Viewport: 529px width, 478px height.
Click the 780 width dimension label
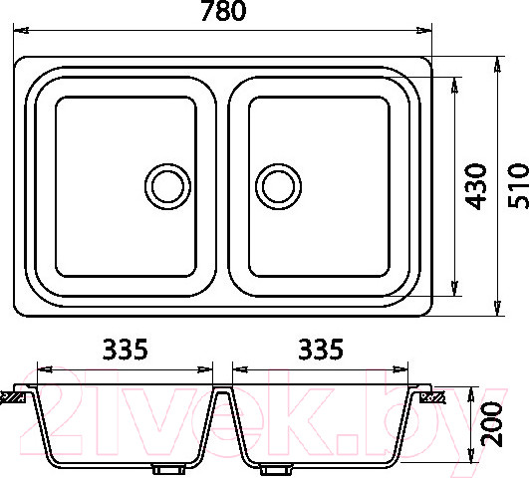224,11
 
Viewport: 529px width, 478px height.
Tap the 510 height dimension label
519,185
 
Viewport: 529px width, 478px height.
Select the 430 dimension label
475,186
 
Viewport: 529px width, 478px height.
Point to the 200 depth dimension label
491,424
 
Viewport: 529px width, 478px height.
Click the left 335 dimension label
126,350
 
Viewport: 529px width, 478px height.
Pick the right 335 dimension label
321,350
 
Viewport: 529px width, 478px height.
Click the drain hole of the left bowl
167,186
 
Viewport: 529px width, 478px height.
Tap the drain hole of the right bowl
278,186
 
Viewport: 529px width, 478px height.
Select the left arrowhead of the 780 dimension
21,30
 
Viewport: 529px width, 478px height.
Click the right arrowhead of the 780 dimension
424,30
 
